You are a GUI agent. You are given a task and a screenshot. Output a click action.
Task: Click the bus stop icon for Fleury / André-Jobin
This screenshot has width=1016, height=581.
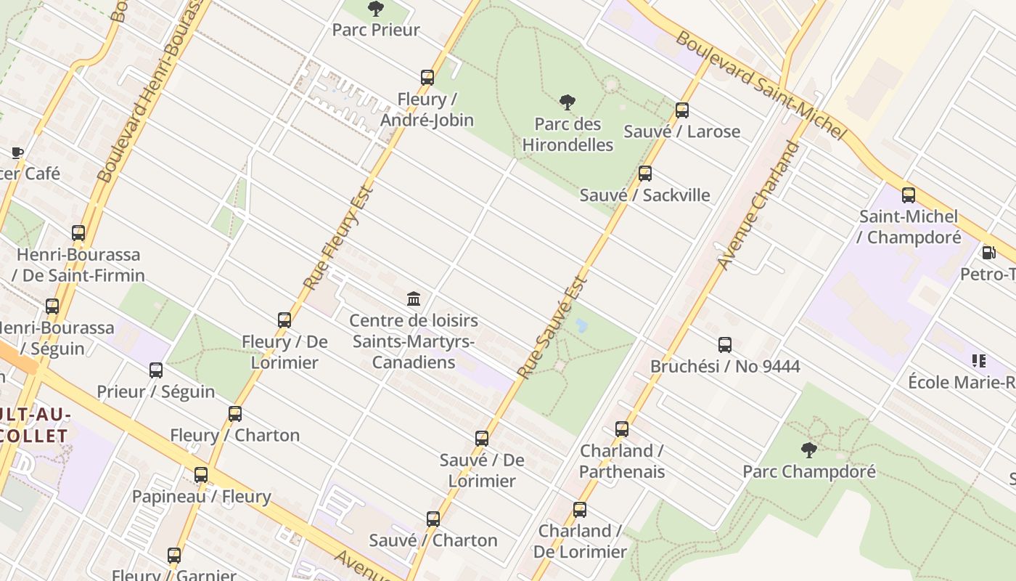[x=427, y=78]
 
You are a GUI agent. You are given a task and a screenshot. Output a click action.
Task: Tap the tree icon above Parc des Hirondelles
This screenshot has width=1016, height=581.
[x=568, y=102]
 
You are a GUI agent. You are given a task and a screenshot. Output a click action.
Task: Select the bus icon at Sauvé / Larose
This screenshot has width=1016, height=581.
[x=682, y=110]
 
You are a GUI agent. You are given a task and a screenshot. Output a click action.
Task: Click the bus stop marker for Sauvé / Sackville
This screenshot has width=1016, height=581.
[x=644, y=174]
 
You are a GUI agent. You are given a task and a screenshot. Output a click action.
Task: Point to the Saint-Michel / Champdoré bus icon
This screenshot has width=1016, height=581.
[x=909, y=195]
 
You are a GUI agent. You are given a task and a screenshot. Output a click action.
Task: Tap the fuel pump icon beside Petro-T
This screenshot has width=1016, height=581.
[x=988, y=253]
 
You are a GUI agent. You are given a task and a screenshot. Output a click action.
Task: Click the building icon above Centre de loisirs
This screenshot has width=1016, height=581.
[x=414, y=298]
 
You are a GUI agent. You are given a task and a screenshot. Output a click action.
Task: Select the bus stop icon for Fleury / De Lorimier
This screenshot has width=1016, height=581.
[x=284, y=320]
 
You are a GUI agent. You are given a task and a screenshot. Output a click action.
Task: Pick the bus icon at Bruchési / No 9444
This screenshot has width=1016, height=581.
[x=724, y=345]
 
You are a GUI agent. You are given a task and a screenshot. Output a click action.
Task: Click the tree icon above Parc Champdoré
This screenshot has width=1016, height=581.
[x=808, y=450]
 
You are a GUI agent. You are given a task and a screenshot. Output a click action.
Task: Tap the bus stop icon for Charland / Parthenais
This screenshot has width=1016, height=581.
[x=622, y=429]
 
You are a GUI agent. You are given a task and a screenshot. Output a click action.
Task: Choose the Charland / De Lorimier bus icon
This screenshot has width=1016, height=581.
[x=579, y=510]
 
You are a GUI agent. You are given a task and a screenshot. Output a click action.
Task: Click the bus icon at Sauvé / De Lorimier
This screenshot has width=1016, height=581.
[x=482, y=439]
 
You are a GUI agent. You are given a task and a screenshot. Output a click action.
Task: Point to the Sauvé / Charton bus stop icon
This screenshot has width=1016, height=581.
[x=433, y=519]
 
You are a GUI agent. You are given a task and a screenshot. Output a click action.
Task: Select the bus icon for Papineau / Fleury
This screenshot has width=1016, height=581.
[x=201, y=475]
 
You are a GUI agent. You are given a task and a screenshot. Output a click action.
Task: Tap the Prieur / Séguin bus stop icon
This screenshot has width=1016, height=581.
[x=156, y=370]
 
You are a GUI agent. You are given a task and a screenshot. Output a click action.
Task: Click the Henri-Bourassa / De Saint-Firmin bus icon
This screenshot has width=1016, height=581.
[x=78, y=233]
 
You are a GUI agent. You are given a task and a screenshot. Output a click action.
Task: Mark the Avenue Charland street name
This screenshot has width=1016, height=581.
[x=759, y=206]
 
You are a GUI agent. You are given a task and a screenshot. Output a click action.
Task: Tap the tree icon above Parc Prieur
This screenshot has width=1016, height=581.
[x=376, y=9]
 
